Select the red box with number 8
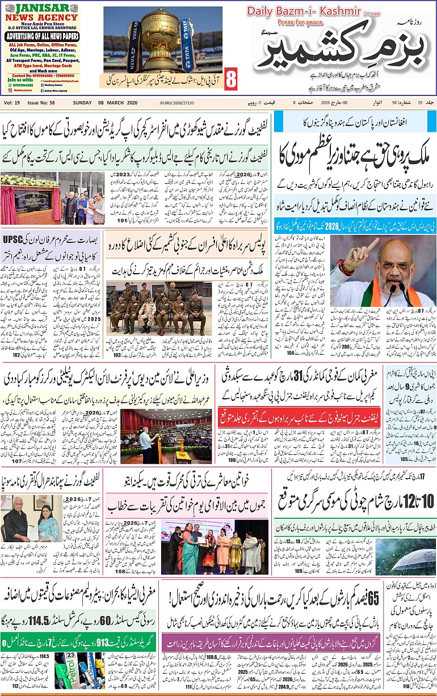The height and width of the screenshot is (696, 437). coord(230,80)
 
